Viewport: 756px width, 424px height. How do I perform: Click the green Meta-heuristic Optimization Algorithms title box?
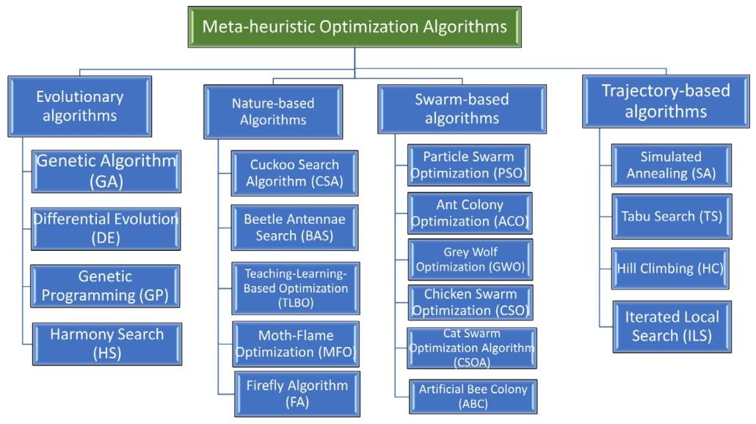click(x=355, y=27)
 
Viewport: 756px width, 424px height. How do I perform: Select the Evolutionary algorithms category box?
click(x=80, y=106)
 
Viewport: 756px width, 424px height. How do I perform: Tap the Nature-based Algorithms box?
click(x=273, y=112)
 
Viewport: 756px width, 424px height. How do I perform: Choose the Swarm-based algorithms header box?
click(x=462, y=109)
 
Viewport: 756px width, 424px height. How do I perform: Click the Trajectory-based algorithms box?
click(x=666, y=101)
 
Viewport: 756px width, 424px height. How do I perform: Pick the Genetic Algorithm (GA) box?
click(x=106, y=171)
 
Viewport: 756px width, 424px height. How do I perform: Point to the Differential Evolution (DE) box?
click(x=106, y=228)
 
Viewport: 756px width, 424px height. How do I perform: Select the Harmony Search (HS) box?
click(x=106, y=343)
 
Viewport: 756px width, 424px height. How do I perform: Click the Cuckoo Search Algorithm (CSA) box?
click(x=294, y=173)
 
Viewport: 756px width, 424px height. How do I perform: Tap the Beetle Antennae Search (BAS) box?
click(x=294, y=227)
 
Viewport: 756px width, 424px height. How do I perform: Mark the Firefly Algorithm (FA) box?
click(x=297, y=393)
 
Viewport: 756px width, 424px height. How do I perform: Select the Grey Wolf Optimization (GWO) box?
click(x=470, y=260)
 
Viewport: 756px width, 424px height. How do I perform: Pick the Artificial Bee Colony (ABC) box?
click(x=473, y=396)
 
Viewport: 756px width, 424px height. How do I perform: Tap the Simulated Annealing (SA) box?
click(x=671, y=165)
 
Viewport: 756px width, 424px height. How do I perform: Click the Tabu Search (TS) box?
click(x=671, y=216)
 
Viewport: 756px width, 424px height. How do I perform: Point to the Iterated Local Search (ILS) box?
click(x=671, y=326)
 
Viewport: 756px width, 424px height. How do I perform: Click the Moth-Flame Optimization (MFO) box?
click(x=295, y=343)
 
